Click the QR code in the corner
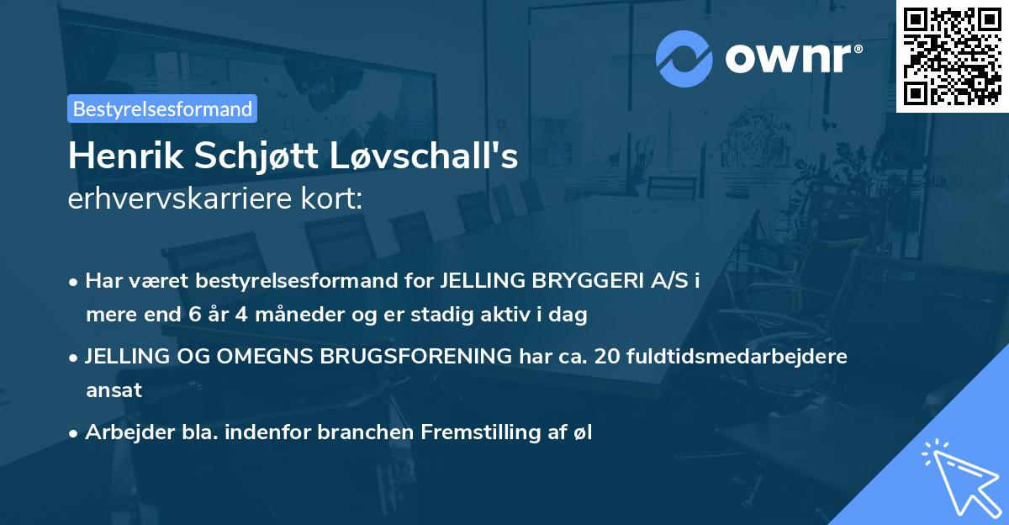pos(953,56)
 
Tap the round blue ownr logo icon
pos(684,58)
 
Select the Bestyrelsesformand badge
pos(162,109)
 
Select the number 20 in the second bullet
pos(607,356)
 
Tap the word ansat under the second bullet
pos(114,390)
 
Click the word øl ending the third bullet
pos(584,432)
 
